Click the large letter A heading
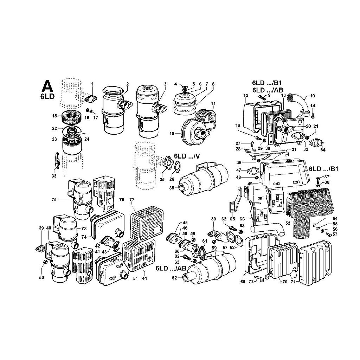47,86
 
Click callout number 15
54,116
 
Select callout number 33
54,176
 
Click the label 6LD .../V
187,156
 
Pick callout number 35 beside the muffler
172,188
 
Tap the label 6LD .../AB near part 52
171,268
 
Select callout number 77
132,200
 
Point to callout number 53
288,223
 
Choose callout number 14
313,105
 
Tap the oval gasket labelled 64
316,143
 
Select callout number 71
293,282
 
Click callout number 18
172,133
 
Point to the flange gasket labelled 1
91,99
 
